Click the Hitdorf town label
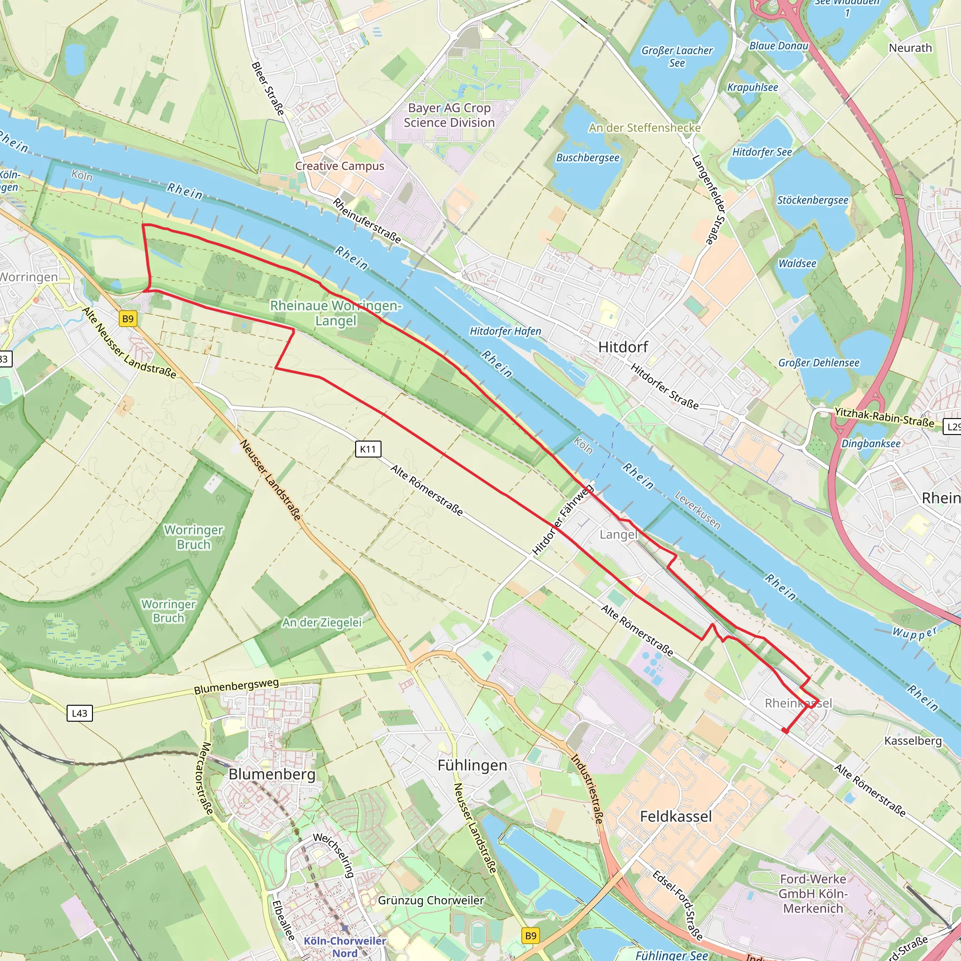coord(623,347)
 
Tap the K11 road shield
coord(368,449)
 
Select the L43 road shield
coord(80,713)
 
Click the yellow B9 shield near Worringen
coord(128,319)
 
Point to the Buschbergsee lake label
coord(587,158)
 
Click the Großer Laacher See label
coord(677,57)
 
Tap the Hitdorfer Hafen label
coord(505,331)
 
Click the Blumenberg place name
coord(272,774)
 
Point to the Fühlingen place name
coord(472,765)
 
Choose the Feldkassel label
coord(676,817)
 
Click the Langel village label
coord(618,535)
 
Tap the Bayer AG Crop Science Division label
coord(449,115)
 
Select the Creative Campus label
coord(340,166)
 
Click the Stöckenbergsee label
coord(812,200)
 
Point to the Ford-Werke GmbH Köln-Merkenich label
coord(813,894)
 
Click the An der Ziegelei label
coord(322,622)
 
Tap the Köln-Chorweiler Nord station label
coord(345,947)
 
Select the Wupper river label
coord(914,633)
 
